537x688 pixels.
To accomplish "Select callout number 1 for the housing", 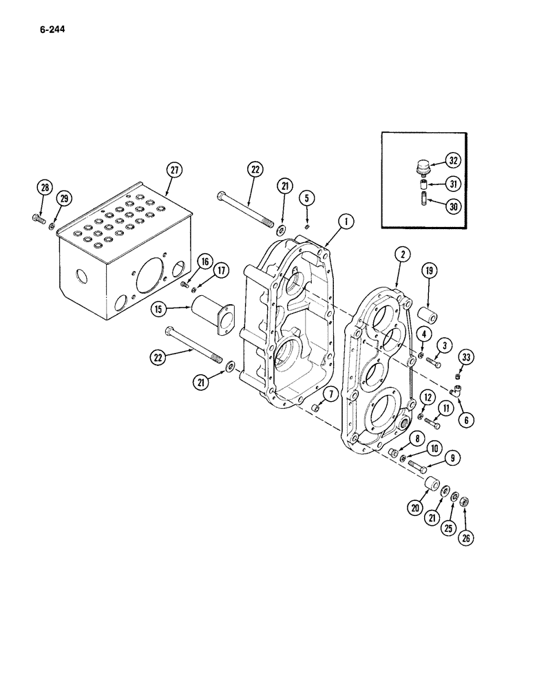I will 346,222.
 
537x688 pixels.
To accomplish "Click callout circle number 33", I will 467,357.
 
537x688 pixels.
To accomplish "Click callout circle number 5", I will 307,198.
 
